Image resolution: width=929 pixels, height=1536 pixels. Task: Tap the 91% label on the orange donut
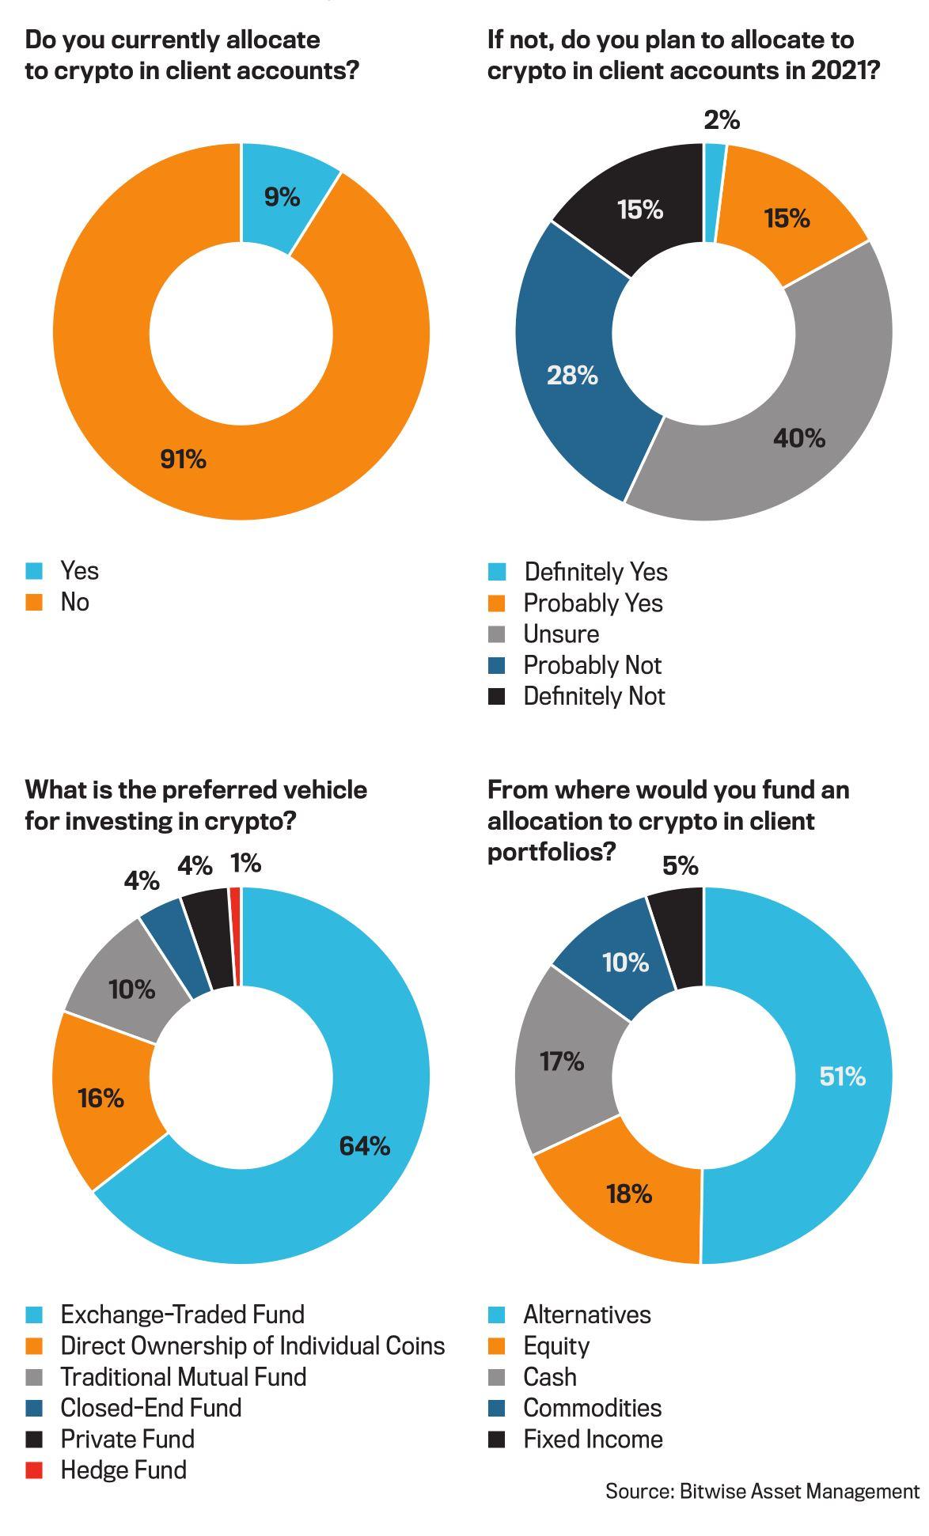tap(184, 459)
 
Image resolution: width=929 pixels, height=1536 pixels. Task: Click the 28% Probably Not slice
tap(571, 375)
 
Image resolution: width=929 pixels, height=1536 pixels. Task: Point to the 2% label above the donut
tap(722, 120)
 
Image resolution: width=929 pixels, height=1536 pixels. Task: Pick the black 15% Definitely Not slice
tap(640, 210)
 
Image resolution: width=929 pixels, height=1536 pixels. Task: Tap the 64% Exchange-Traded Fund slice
tap(364, 1145)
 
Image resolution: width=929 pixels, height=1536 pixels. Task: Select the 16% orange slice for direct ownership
tap(100, 1098)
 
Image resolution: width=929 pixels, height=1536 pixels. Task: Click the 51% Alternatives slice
tap(843, 1076)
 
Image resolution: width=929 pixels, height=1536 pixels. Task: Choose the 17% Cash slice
tap(562, 1061)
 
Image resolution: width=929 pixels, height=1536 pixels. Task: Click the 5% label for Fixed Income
tap(681, 867)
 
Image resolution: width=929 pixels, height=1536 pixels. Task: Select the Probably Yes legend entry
tap(593, 603)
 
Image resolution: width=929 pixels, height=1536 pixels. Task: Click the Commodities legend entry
tap(592, 1408)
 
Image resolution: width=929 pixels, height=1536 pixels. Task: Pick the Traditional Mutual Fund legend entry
tap(183, 1377)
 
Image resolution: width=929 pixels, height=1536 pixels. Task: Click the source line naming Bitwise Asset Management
tap(762, 1492)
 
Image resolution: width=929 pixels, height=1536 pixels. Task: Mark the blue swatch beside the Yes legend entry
tap(34, 571)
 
